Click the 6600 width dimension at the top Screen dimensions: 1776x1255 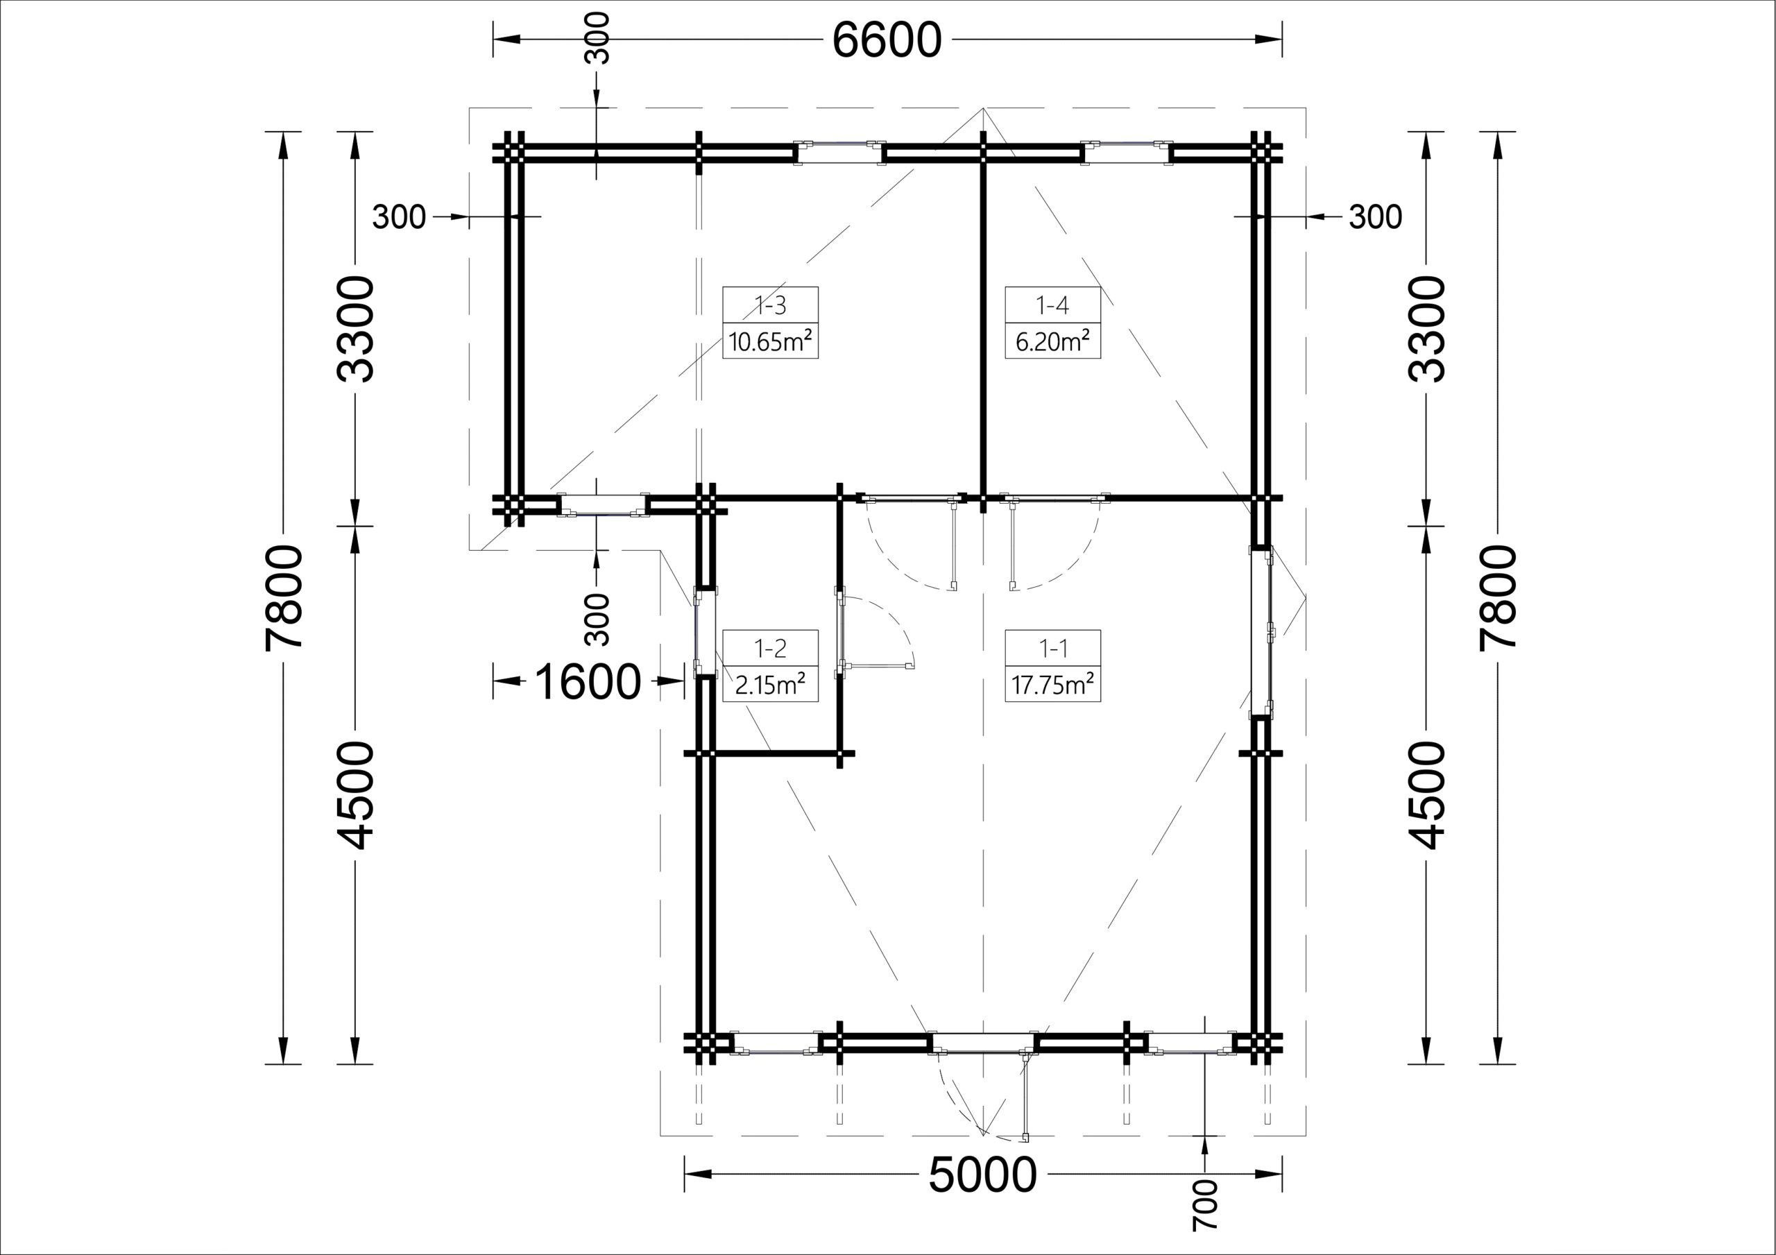(x=887, y=40)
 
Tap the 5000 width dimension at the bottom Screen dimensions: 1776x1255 (x=982, y=1175)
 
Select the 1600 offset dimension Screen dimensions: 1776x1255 (x=588, y=682)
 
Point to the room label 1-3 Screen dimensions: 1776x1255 (x=771, y=306)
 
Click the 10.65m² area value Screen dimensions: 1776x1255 (x=771, y=341)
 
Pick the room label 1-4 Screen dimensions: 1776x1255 (x=1052, y=306)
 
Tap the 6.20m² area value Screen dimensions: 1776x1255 (x=1052, y=341)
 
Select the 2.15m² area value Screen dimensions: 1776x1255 (x=771, y=684)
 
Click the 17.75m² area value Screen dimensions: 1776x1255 (x=1052, y=684)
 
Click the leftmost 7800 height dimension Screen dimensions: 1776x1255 (x=283, y=597)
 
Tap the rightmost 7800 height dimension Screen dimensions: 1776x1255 (x=1498, y=597)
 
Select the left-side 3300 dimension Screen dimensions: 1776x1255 (x=356, y=329)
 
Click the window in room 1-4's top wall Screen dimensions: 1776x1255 (x=1125, y=153)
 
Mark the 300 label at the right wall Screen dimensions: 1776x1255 (x=1375, y=217)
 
